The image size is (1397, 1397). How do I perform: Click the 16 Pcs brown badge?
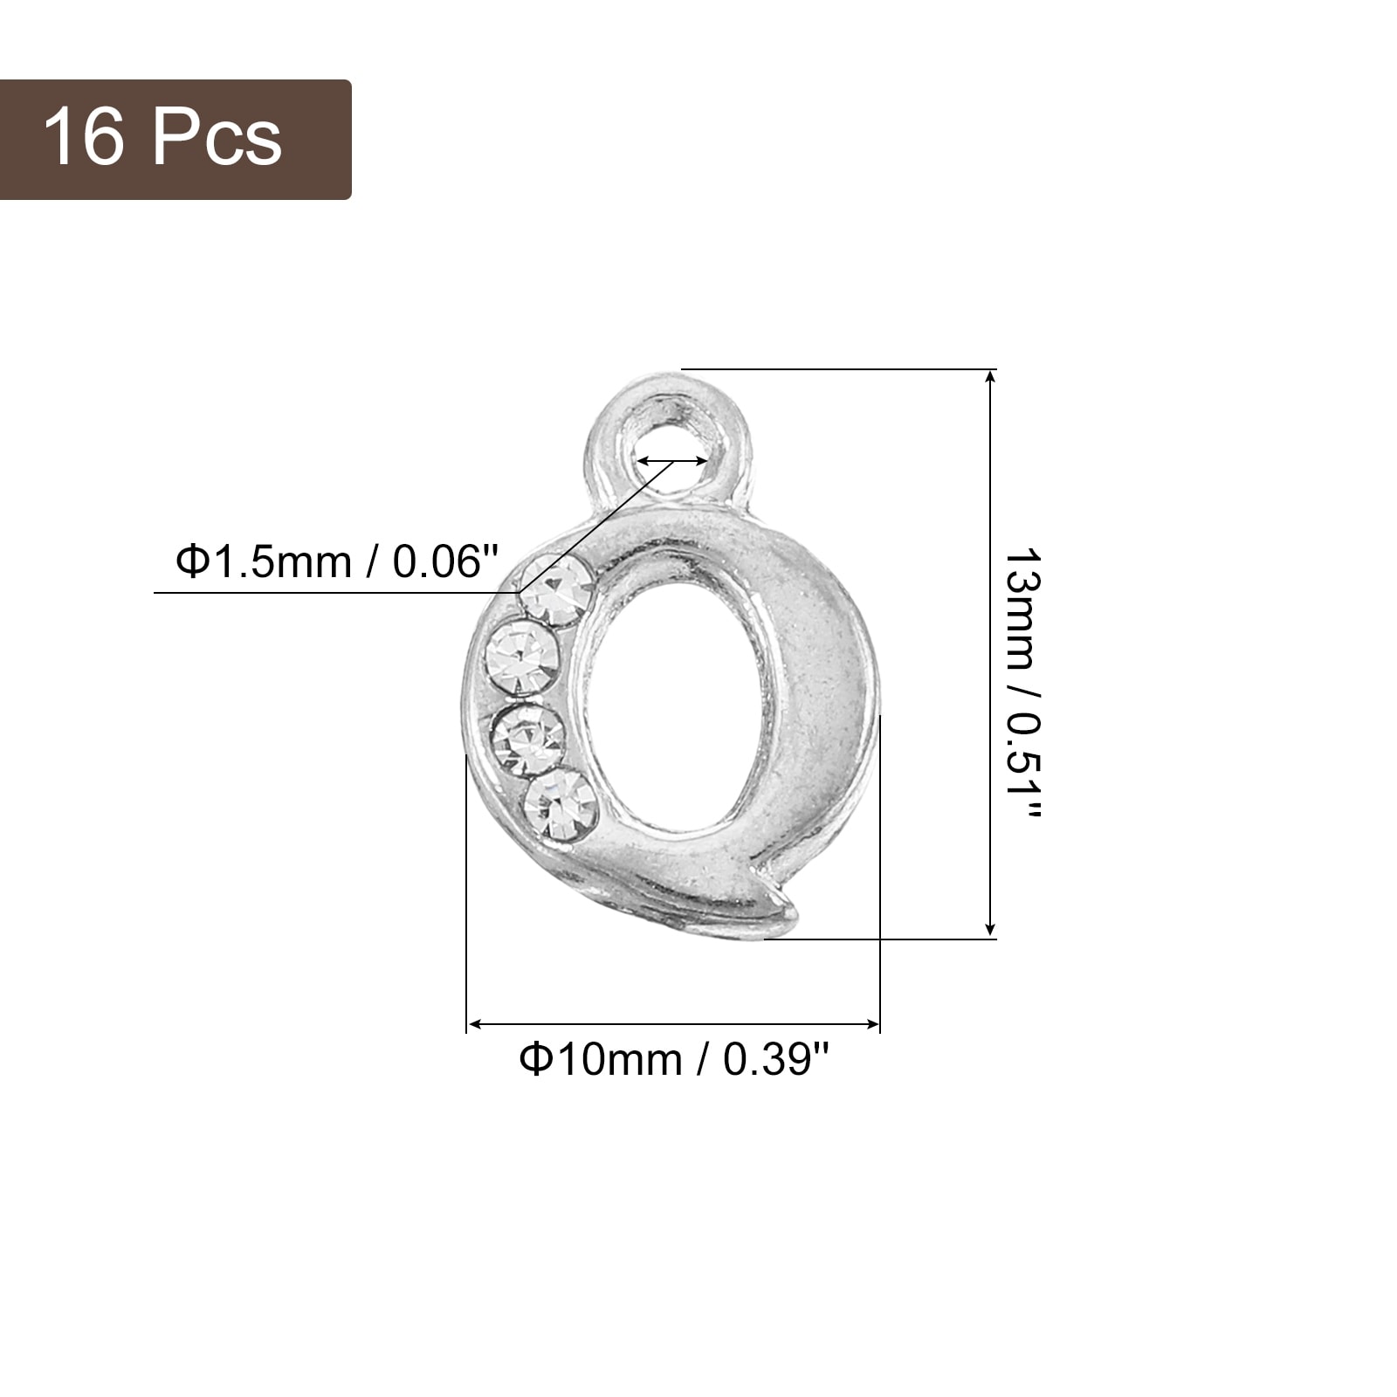coord(175,140)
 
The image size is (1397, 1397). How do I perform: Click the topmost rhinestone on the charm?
coord(556,591)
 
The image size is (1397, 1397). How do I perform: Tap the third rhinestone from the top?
coord(528,740)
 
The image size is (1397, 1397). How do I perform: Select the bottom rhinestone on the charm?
coord(561,804)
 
